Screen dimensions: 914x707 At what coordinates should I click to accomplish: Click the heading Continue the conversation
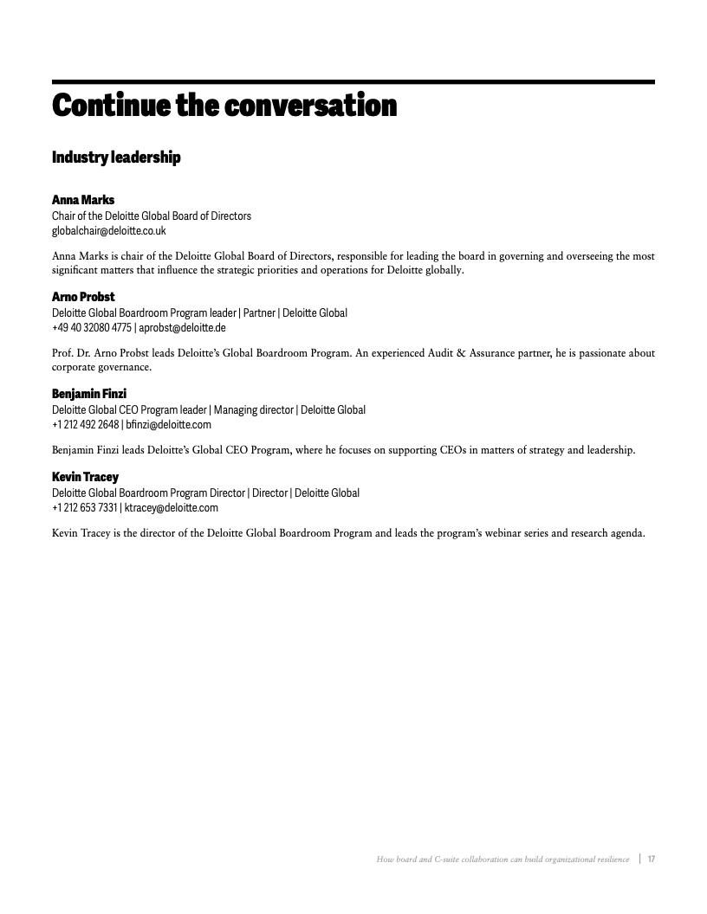coord(224,106)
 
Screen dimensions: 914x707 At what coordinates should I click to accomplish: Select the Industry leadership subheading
coord(116,158)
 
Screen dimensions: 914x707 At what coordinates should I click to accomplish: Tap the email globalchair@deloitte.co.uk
coord(109,231)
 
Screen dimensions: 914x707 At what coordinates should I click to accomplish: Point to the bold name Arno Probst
coord(83,297)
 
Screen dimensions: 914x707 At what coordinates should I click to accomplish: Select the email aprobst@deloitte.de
coord(183,328)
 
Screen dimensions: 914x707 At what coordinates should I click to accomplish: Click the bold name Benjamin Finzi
coord(89,394)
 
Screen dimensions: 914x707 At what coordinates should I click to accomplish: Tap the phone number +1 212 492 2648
coord(85,425)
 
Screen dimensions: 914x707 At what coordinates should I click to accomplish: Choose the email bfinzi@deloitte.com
coord(168,425)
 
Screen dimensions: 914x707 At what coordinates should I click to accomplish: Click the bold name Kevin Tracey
coord(85,477)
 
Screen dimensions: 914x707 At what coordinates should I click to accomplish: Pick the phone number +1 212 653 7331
coord(84,508)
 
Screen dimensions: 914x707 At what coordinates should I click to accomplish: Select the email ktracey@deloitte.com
coord(172,508)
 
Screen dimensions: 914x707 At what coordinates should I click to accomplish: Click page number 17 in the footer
coord(650,859)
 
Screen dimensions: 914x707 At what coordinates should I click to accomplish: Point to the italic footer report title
coord(503,859)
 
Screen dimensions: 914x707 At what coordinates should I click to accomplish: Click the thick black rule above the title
coord(353,82)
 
